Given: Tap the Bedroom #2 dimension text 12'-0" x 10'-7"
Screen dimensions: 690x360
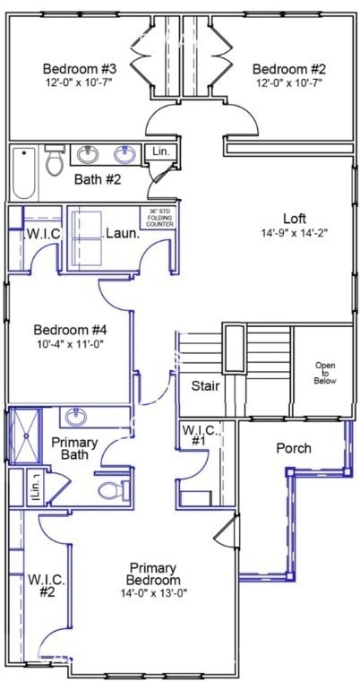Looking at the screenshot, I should [287, 82].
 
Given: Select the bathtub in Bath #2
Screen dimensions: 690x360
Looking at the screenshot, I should [24, 173].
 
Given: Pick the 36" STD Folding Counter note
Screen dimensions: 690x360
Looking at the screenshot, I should [158, 218].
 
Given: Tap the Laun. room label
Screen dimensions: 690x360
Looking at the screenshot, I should [122, 234].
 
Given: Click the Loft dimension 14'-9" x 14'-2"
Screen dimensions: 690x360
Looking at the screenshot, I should [294, 233].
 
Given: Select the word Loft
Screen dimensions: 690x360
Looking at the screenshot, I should [295, 219].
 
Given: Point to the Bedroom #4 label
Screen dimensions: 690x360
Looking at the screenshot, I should [70, 329].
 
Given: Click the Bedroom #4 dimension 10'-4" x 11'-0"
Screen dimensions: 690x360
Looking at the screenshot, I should [70, 343].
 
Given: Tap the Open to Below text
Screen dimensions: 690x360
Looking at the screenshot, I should [323, 373].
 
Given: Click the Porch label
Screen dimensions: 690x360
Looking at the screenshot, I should [293, 448].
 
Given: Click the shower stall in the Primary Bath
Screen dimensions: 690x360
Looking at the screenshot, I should [24, 437].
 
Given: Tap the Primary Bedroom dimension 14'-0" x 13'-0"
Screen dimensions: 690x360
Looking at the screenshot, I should [154, 593].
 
